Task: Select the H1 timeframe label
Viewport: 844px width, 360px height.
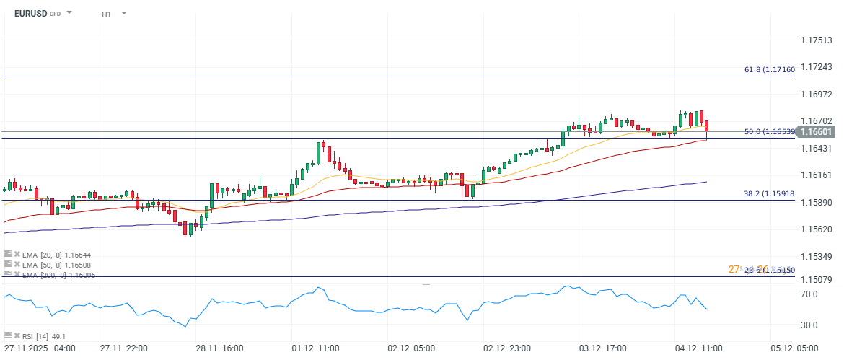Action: pyautogui.click(x=106, y=13)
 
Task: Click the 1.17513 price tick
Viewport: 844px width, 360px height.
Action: pyautogui.click(x=817, y=40)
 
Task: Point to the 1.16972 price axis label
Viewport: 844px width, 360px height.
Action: pyautogui.click(x=817, y=95)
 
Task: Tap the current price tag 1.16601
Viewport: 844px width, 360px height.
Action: pyautogui.click(x=817, y=131)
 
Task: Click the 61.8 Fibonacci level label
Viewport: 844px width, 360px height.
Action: pyautogui.click(x=769, y=69)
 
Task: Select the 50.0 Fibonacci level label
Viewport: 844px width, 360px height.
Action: pyautogui.click(x=769, y=132)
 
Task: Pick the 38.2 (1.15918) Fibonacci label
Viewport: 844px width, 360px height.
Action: pyautogui.click(x=769, y=193)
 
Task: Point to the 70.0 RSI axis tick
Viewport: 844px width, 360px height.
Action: pyautogui.click(x=809, y=294)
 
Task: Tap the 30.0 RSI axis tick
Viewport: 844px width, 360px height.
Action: pyautogui.click(x=809, y=325)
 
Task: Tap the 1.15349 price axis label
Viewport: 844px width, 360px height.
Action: pyautogui.click(x=817, y=257)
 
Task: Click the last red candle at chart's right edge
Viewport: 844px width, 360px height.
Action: pyautogui.click(x=707, y=127)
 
